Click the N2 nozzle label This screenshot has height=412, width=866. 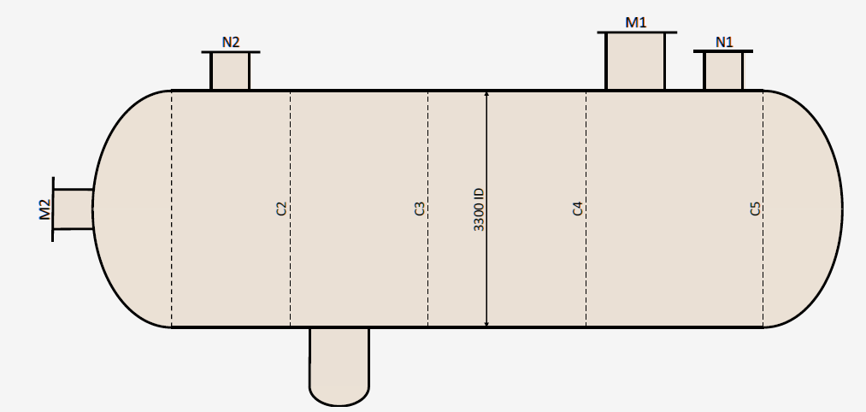[230, 43]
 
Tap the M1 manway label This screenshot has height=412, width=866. [636, 22]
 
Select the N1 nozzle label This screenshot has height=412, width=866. [724, 42]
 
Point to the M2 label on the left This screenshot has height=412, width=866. [44, 209]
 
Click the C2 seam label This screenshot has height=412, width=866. [281, 209]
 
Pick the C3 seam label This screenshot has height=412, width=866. [420, 209]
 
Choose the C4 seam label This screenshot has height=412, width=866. [578, 209]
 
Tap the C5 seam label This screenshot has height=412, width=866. [755, 209]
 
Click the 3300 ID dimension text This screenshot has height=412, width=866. [479, 209]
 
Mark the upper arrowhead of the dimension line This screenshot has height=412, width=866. [486, 94]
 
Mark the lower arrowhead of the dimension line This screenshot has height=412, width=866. [486, 324]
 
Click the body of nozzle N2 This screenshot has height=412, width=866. [230, 71]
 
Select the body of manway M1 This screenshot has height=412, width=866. [636, 62]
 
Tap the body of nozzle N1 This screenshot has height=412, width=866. [723, 71]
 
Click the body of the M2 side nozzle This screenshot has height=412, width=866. [73, 209]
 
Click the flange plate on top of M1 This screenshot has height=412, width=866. [637, 32]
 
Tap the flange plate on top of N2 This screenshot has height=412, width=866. [230, 52]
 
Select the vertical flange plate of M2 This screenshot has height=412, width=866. [53, 209]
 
